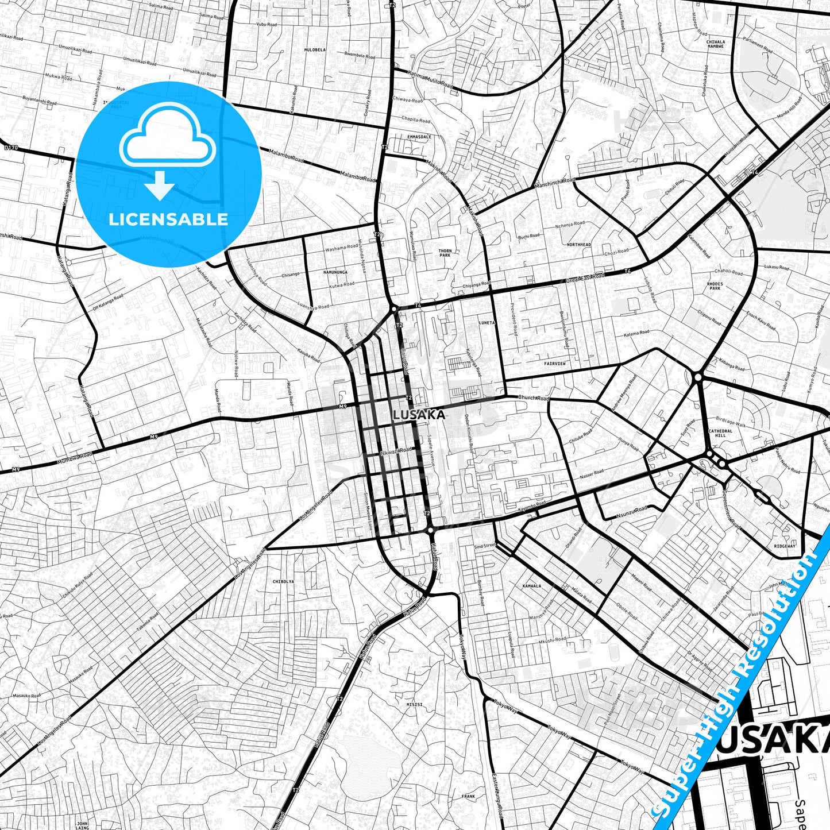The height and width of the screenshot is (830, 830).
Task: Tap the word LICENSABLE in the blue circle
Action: (168, 219)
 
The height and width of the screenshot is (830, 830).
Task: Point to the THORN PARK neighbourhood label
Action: (445, 253)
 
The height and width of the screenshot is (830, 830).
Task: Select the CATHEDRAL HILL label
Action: (720, 433)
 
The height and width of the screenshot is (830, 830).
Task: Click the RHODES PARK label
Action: (715, 286)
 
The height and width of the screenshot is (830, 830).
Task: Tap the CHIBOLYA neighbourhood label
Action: (284, 581)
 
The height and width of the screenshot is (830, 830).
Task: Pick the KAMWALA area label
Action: (532, 586)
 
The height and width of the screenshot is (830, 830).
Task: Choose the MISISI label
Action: (414, 704)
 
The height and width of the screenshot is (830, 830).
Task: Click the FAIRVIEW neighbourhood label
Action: (555, 364)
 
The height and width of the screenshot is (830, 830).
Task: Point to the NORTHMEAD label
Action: (578, 245)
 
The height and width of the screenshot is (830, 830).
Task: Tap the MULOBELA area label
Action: (315, 50)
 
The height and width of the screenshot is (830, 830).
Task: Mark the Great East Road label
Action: (585, 279)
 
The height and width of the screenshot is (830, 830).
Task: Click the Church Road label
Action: (534, 398)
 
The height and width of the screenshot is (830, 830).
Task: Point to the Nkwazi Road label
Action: (397, 450)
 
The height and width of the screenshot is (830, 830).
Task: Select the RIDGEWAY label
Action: (785, 546)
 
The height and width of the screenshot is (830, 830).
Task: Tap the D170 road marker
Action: (11, 148)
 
